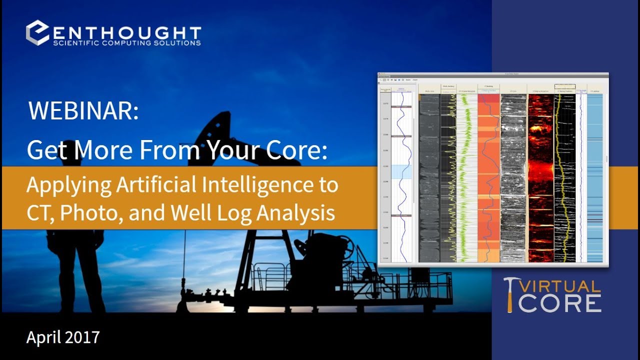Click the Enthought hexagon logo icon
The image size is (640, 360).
coord(38,33)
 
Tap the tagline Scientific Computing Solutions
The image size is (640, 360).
coord(127,43)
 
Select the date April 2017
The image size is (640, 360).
coord(63,337)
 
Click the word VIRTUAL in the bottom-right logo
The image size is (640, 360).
coord(560,286)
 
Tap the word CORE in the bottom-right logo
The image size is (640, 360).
coord(559,303)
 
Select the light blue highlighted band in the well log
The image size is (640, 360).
coord(401,171)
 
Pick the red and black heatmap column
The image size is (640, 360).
coord(540,177)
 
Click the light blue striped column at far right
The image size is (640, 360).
coord(595,177)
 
